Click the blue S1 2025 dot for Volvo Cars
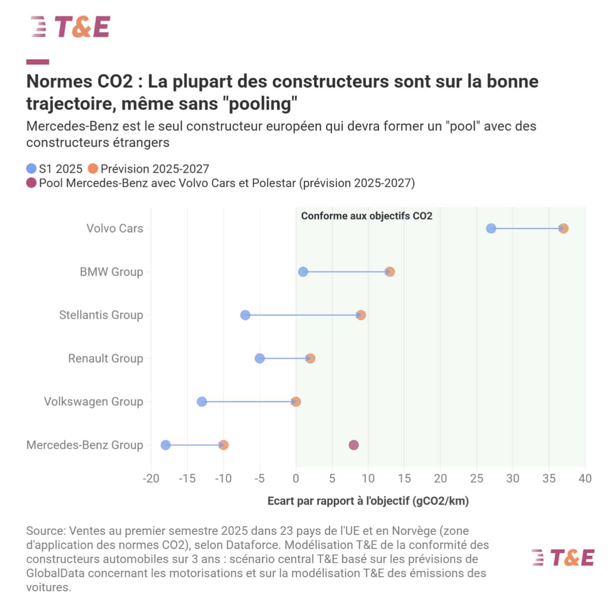(x=491, y=228)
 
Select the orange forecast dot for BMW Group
(x=389, y=272)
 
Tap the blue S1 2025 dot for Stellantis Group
(x=245, y=315)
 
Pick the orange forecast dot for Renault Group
(x=310, y=358)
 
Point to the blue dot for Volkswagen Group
(x=202, y=402)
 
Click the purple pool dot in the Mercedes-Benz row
(x=354, y=445)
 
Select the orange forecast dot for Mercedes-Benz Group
(x=223, y=445)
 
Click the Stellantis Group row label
(x=101, y=315)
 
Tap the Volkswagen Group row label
(x=94, y=402)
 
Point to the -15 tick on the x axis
(x=187, y=479)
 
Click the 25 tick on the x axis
(x=476, y=479)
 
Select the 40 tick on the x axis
(x=585, y=479)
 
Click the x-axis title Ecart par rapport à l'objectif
(x=368, y=501)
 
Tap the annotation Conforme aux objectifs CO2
(x=367, y=216)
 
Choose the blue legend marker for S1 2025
(x=31, y=169)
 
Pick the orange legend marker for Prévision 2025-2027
(x=93, y=169)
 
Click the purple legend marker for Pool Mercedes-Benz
(x=31, y=183)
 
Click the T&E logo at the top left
(x=70, y=27)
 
